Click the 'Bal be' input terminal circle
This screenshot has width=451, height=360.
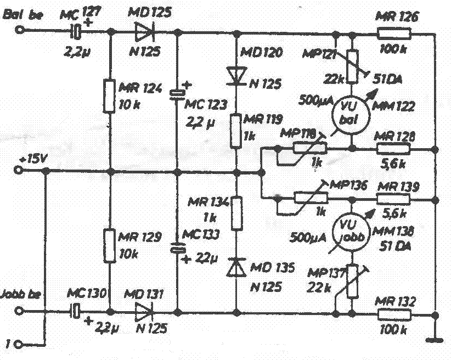click(20, 32)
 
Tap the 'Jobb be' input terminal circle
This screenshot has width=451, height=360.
click(20, 313)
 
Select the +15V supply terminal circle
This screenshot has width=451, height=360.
click(20, 171)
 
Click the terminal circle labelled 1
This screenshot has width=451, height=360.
click(20, 345)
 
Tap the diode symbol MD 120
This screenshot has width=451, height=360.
click(235, 75)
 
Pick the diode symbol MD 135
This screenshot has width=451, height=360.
click(235, 268)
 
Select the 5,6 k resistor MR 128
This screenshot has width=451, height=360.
click(394, 149)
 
